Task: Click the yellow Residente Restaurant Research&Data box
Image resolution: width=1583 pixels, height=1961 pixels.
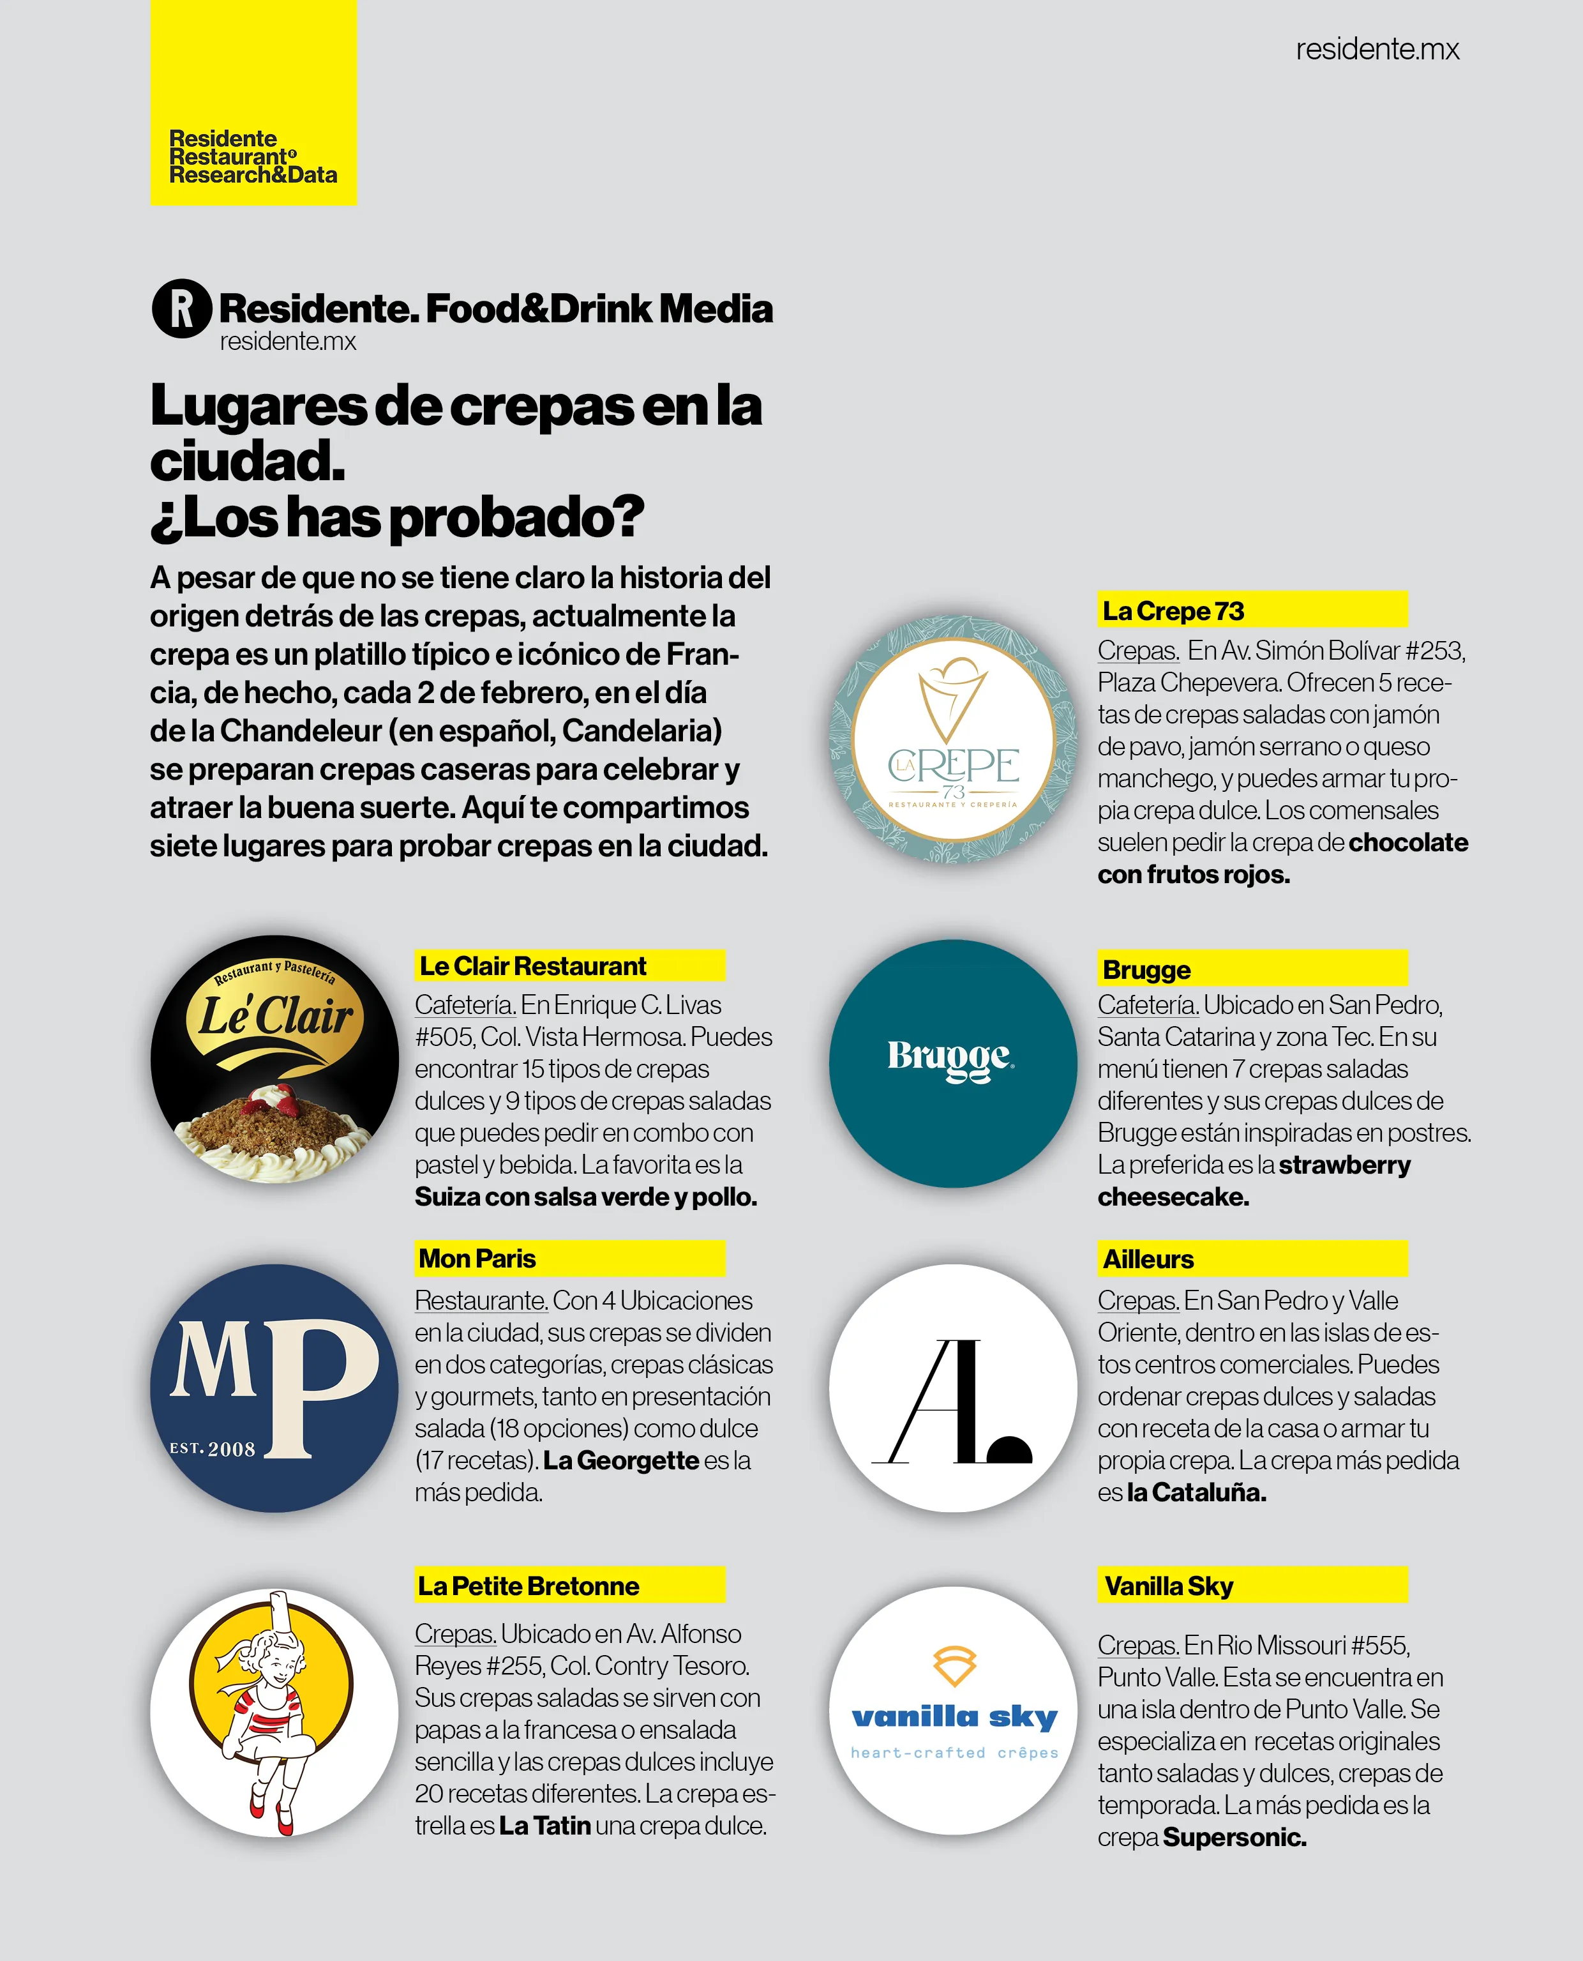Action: pos(253,102)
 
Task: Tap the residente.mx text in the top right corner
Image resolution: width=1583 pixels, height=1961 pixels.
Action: pos(1377,49)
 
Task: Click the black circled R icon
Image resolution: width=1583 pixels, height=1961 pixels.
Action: pos(181,308)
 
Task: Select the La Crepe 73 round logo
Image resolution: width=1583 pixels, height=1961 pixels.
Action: pos(953,739)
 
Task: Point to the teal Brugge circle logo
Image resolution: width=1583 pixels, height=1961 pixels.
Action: pos(953,1063)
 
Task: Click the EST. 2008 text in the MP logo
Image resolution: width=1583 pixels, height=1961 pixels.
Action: pos(213,1448)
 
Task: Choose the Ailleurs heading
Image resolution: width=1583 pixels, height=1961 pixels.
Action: pos(1251,1259)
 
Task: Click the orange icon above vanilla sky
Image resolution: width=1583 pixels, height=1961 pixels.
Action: pos(954,1665)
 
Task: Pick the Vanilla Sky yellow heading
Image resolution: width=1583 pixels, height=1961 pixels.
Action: pos(1251,1586)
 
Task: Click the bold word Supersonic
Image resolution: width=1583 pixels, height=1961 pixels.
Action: pos(1234,1837)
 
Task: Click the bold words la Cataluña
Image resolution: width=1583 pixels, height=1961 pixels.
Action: pos(1196,1492)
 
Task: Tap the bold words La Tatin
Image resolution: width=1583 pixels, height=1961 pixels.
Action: pos(544,1825)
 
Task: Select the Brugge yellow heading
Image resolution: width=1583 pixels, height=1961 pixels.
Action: pos(1251,969)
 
